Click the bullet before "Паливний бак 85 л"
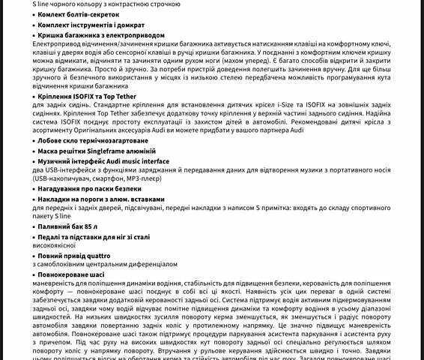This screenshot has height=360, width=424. pyautogui.click(x=34, y=226)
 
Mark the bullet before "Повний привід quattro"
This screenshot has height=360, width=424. pyautogui.click(x=34, y=256)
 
